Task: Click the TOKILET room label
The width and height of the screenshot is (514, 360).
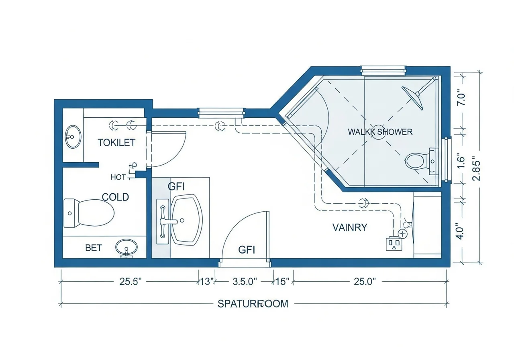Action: point(116,142)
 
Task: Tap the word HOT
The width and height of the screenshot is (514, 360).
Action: point(118,177)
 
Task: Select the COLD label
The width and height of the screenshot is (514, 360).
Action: point(116,197)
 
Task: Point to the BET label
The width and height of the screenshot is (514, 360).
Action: point(94,248)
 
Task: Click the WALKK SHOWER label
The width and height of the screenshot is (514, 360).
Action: point(380,132)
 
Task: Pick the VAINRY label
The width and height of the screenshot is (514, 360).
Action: point(350,227)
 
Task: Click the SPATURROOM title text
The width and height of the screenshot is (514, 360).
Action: point(253,304)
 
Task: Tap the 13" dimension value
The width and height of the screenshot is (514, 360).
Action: point(207,281)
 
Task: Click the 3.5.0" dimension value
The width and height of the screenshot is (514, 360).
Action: point(245,281)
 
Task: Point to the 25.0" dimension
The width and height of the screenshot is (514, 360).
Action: point(365,281)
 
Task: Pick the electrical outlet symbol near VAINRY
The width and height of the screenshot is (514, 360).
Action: point(394,244)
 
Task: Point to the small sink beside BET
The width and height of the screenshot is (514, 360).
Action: point(126,247)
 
